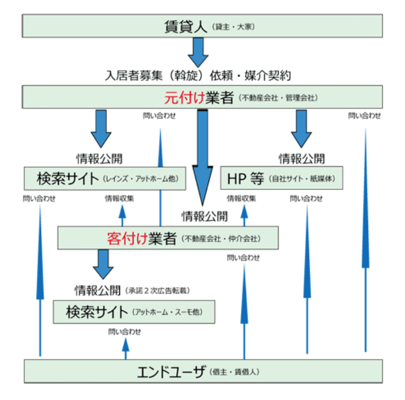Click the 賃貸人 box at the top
click(x=202, y=26)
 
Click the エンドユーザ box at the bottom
click(x=202, y=371)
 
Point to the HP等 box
click(x=282, y=178)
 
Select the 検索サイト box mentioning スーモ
click(x=133, y=311)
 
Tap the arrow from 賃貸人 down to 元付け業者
click(x=198, y=52)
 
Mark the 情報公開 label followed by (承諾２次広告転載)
click(x=98, y=290)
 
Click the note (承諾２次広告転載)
click(x=160, y=291)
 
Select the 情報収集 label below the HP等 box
click(x=241, y=198)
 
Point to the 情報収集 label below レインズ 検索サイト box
click(x=120, y=198)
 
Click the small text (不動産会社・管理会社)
click(x=278, y=98)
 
